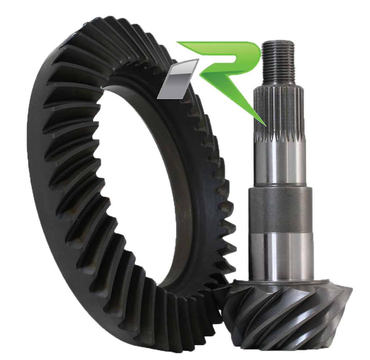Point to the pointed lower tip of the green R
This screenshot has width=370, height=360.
click(265, 125)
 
